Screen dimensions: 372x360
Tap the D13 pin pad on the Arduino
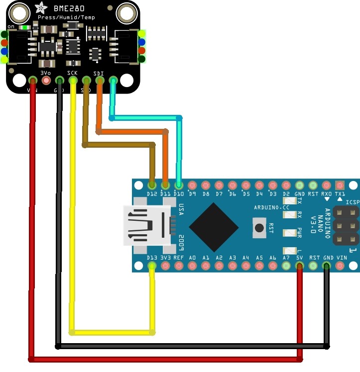coord(152,266)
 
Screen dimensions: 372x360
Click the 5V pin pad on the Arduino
coord(299,266)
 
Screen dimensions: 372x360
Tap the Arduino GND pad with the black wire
coord(326,266)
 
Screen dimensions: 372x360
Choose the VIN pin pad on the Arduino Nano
coord(340,266)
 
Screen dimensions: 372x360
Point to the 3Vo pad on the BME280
coord(46,80)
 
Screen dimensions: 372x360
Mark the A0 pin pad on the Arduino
coord(192,266)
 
